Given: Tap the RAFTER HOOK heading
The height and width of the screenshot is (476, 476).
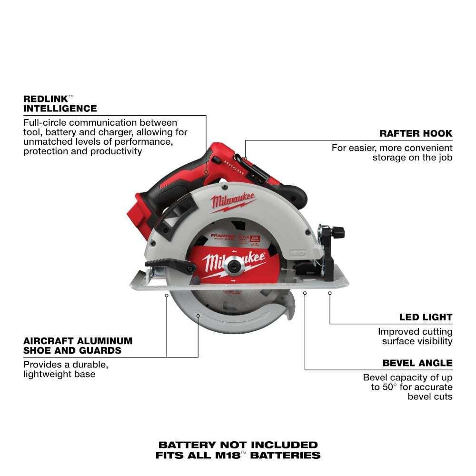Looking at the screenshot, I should (x=416, y=133).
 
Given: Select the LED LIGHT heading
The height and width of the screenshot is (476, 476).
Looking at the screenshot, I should (x=426, y=317).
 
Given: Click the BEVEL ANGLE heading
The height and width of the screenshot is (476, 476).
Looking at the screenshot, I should (x=417, y=363).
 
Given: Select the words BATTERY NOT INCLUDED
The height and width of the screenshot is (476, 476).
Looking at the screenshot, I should (x=238, y=445).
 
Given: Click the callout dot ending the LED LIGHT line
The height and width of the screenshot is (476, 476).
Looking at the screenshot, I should (x=329, y=294).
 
